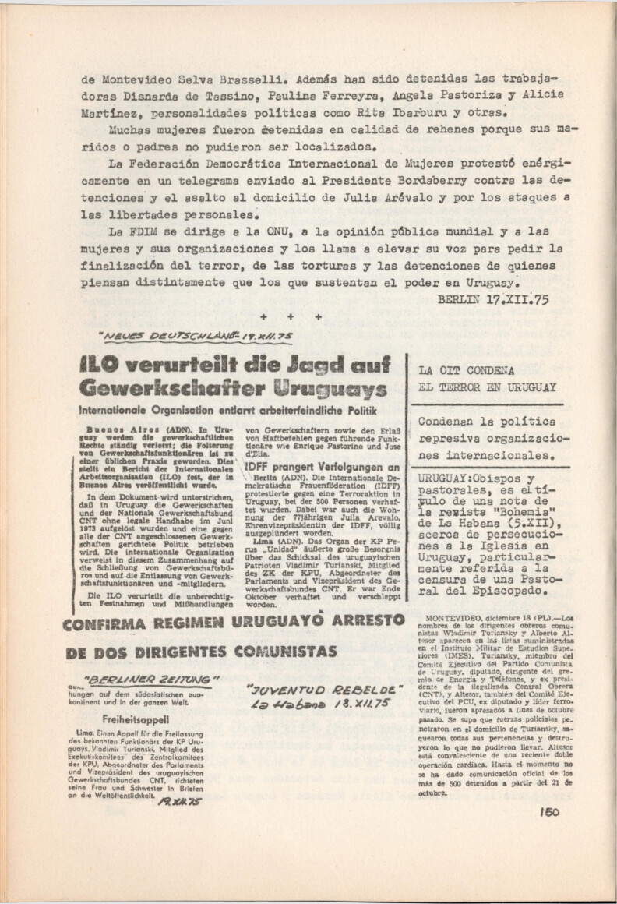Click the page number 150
point(547,810)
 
